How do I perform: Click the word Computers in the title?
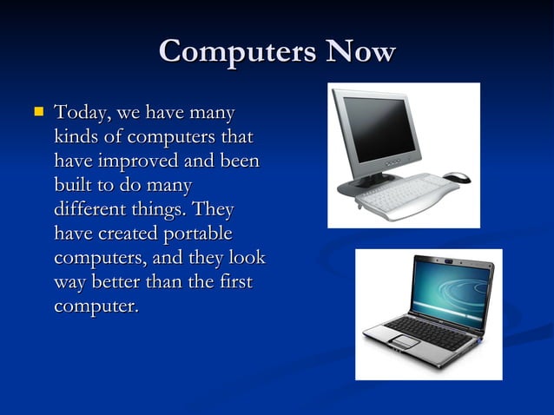(236, 52)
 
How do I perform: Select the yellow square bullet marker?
(37, 112)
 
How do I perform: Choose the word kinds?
(76, 138)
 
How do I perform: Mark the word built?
(74, 186)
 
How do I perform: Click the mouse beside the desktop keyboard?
(457, 178)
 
